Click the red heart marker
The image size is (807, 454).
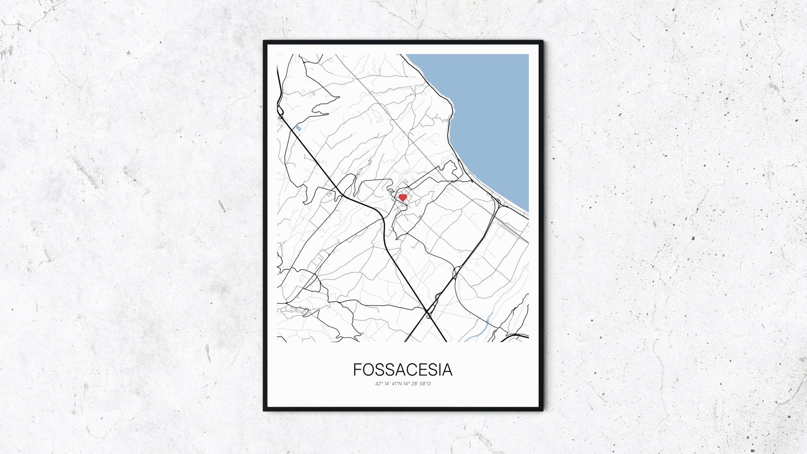[x=402, y=197]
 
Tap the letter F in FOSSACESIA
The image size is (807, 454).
[x=357, y=370]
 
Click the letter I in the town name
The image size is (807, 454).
[x=438, y=370]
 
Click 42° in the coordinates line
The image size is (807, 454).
[x=379, y=383]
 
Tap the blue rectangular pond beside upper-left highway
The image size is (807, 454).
[x=298, y=128]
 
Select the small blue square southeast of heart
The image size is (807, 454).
[x=420, y=216]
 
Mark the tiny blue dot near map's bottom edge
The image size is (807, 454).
[x=362, y=333]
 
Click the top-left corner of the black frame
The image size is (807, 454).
[x=264, y=41]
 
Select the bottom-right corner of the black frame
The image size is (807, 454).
[x=543, y=411]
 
